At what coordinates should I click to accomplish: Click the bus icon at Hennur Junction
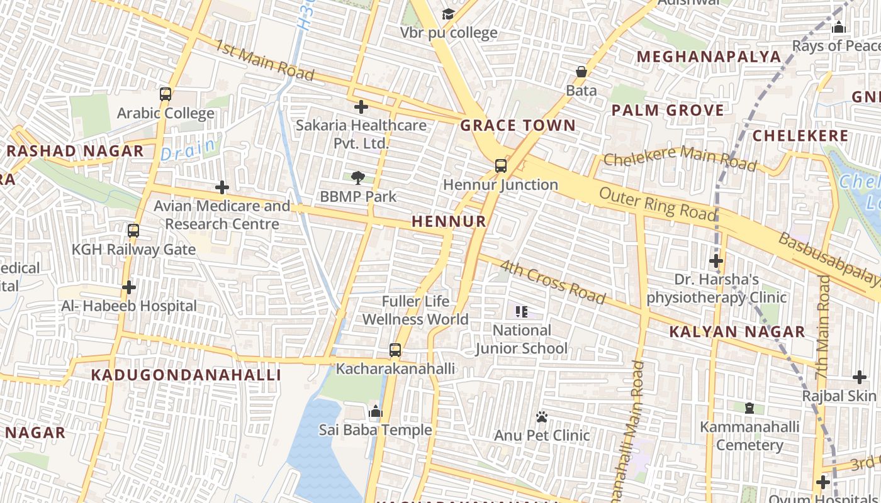click(500, 166)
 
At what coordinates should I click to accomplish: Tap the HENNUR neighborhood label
click(449, 221)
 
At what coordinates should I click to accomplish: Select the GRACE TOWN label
click(518, 125)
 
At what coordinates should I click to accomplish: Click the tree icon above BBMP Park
click(358, 178)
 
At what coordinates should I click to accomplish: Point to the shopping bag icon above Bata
click(581, 72)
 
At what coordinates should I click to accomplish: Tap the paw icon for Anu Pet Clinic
click(542, 417)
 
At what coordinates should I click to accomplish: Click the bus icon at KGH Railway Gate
click(133, 231)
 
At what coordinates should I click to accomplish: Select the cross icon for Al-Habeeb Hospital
click(129, 287)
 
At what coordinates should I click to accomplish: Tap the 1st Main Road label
click(264, 60)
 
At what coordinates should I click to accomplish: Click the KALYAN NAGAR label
click(737, 332)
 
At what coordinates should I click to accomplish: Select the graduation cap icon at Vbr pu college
click(448, 14)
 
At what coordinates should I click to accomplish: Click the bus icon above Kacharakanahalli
click(395, 350)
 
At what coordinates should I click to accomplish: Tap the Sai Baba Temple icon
click(376, 412)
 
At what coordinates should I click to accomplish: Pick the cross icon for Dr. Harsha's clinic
click(715, 261)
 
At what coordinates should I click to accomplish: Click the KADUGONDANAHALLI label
click(186, 375)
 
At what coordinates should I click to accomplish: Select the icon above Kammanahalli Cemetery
click(749, 409)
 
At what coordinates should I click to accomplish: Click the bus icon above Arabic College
click(166, 94)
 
